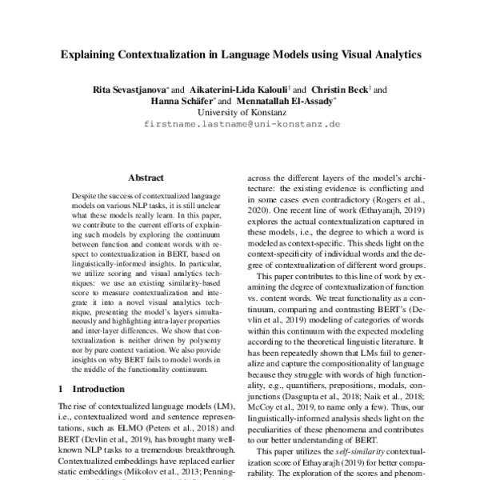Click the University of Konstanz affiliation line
click(x=241, y=113)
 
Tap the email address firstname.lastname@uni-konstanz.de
click(x=241, y=126)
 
